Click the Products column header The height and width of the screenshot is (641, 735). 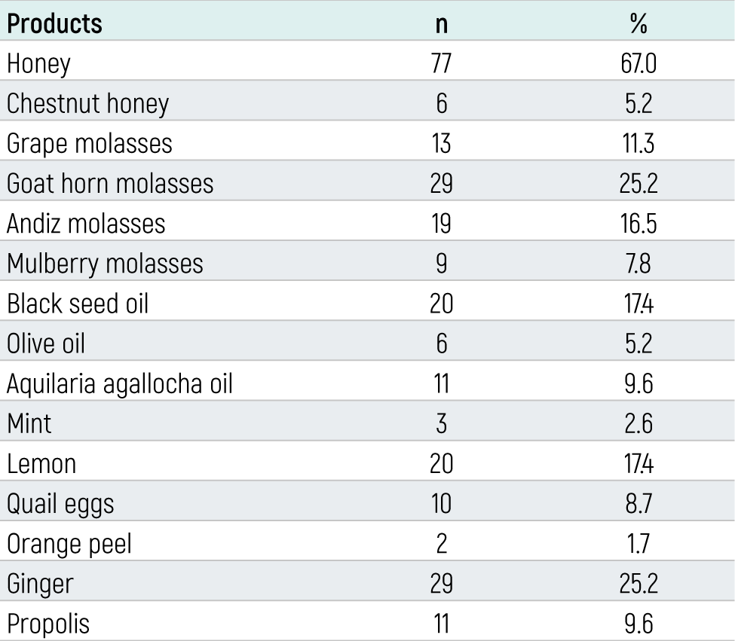coord(54,23)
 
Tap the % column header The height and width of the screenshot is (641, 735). coord(639,23)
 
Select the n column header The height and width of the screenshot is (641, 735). coord(441,25)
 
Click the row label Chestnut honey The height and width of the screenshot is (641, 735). coord(87,104)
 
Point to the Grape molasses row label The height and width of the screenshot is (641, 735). coord(90,144)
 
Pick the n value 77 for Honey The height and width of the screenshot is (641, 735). coord(441,63)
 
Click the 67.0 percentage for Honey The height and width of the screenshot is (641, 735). coord(639,63)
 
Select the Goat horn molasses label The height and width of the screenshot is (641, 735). coord(110,183)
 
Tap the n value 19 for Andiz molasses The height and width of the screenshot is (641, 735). coord(441,224)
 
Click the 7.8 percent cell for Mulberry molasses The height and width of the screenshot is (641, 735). coord(639,264)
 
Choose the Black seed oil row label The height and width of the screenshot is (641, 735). coord(78,304)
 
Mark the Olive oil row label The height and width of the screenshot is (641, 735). coord(45,343)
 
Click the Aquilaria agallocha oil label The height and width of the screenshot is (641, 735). coord(120,384)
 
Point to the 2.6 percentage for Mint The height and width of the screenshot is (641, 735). coord(639,424)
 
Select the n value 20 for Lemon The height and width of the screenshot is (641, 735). coord(441,464)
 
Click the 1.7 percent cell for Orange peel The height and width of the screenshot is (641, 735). coord(639,544)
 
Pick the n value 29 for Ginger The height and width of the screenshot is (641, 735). coord(441,584)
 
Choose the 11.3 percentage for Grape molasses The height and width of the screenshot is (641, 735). coord(639,143)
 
